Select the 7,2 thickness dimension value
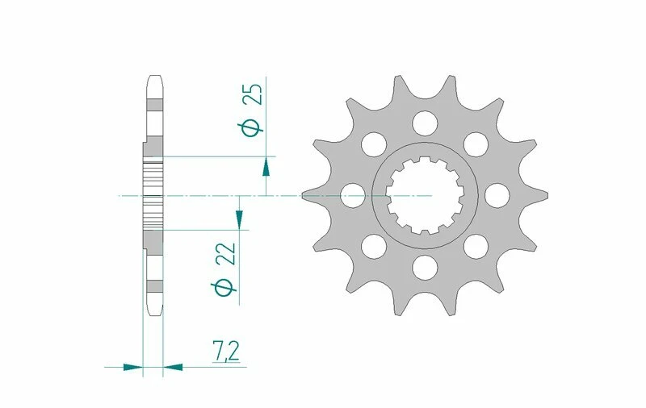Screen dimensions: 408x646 click(226, 352)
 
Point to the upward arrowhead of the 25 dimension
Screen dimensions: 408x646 click(266, 167)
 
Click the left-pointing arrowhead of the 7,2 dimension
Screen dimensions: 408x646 click(173, 367)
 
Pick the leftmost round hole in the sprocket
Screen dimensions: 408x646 click(352, 194)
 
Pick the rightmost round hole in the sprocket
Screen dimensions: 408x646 click(493, 194)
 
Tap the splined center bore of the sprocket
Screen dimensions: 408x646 click(422, 195)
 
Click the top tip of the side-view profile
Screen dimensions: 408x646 click(153, 78)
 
